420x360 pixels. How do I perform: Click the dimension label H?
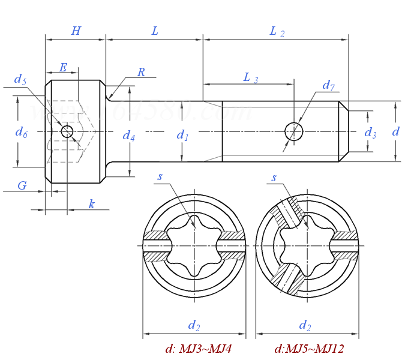tap(76, 31)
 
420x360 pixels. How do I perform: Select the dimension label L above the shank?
tap(155, 31)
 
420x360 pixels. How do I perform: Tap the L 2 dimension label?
tap(277, 32)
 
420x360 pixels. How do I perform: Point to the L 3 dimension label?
tap(250, 77)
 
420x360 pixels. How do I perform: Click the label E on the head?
tap(63, 67)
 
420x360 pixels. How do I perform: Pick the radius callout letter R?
tap(141, 73)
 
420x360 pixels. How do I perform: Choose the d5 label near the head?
tap(20, 80)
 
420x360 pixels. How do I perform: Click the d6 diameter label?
tap(21, 133)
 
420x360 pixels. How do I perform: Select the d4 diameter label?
tap(128, 136)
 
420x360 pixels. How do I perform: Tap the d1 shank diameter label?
tap(182, 136)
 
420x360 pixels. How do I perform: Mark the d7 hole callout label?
tap(328, 85)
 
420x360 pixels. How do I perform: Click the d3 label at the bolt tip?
tap(370, 133)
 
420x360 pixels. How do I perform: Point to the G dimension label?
tap(22, 186)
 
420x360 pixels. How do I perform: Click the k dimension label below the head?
tap(91, 205)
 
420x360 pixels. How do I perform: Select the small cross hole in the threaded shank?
tap(293, 131)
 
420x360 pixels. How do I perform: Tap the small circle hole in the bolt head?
tap(67, 131)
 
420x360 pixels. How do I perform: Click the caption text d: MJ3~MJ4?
tap(198, 349)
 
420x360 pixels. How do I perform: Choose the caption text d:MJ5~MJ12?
tap(309, 349)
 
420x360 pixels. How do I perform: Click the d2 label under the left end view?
tap(194, 326)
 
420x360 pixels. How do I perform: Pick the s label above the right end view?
tap(274, 178)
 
